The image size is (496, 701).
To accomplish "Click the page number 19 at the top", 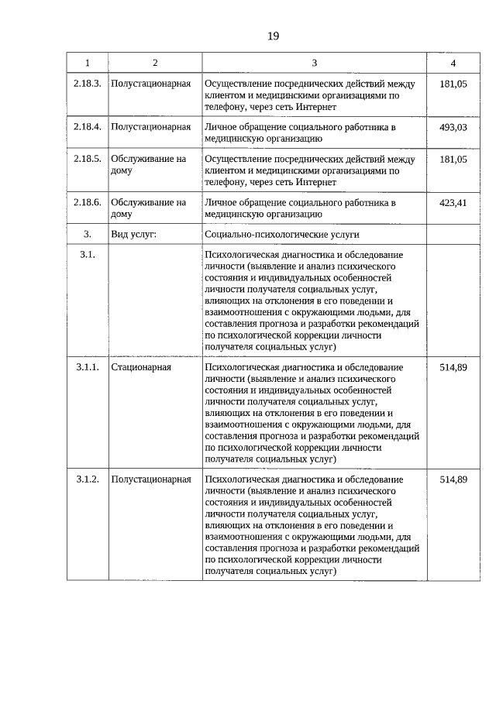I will click(x=273, y=36).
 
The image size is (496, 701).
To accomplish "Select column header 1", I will click(x=87, y=63).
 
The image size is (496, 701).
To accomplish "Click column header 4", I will click(x=453, y=63).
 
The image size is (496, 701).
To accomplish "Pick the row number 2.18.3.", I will click(x=87, y=84).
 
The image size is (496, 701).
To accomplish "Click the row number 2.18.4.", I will click(x=87, y=127).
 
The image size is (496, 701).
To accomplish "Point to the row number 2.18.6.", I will click(x=87, y=203).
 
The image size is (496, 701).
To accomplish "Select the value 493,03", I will click(x=453, y=127).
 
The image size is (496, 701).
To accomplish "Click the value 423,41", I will click(x=453, y=203).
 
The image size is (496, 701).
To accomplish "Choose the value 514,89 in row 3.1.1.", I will click(x=453, y=367).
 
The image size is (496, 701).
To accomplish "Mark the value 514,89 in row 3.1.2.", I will click(x=453, y=479).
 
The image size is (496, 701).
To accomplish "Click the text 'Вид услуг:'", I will click(x=134, y=234).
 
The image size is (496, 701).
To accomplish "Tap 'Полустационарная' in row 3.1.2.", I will click(x=150, y=479).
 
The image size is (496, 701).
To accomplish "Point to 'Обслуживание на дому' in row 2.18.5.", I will click(x=148, y=165).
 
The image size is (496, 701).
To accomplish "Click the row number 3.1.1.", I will click(x=87, y=367).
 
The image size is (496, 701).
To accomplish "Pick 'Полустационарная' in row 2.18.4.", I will click(x=150, y=127).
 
